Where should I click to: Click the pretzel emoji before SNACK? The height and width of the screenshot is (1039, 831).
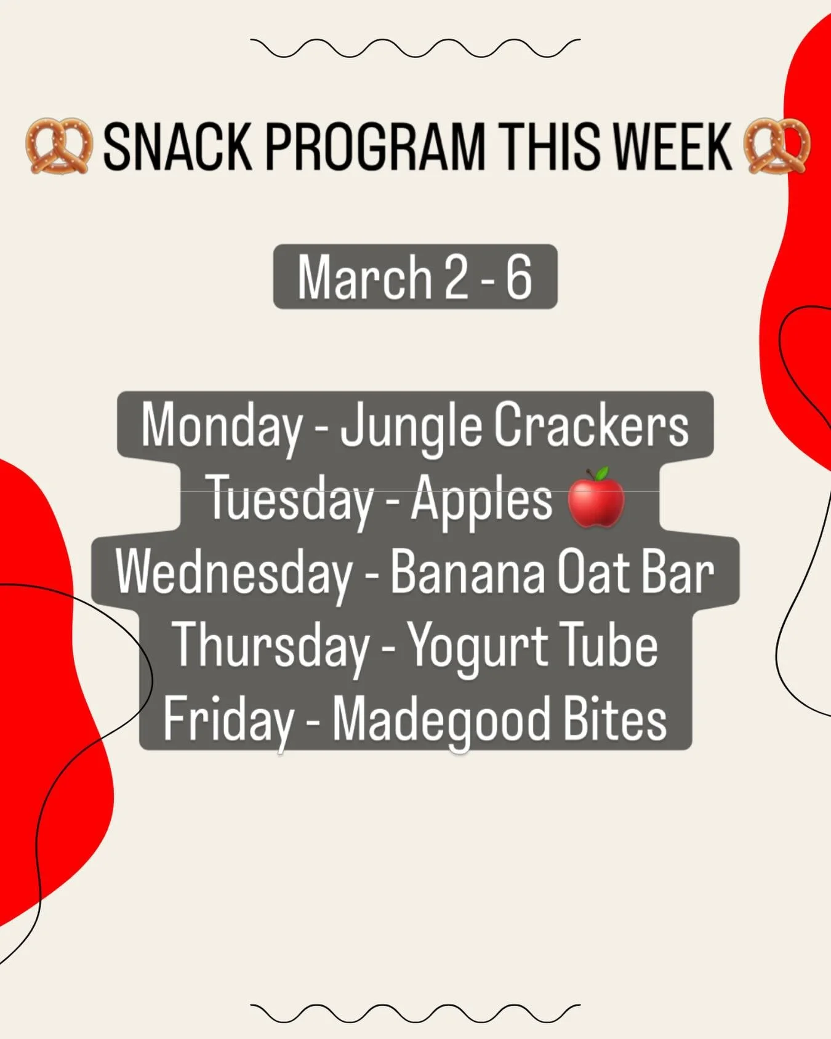[x=59, y=146]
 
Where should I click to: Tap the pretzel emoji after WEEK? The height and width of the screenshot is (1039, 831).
[x=777, y=146]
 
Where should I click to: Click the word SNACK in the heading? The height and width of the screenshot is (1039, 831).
[x=177, y=146]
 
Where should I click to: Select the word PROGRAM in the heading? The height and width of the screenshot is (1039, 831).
[x=375, y=146]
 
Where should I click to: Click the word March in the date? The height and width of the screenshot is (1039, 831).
[x=365, y=278]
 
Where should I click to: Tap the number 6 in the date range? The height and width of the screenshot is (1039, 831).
[x=519, y=278]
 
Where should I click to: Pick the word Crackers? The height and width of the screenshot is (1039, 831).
[x=592, y=425]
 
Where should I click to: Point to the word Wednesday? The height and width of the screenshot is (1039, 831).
[x=234, y=573]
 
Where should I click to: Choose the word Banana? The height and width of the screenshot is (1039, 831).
[x=468, y=572]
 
